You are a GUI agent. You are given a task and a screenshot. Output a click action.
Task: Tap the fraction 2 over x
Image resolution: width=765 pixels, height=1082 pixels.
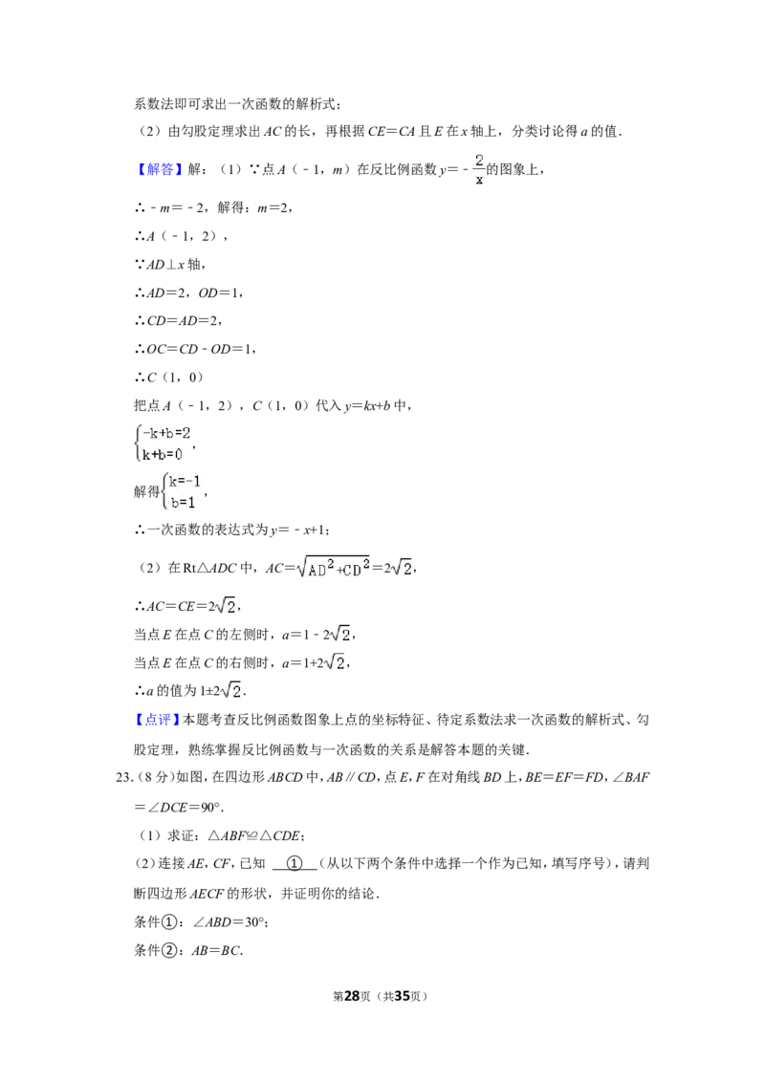[479, 169]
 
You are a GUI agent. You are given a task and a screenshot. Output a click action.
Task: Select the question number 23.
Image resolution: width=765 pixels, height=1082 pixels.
[124, 777]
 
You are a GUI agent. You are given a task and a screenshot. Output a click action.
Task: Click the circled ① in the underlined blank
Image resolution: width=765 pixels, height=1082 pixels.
[295, 863]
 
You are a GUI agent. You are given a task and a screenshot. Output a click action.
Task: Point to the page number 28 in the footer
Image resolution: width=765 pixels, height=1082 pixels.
[352, 996]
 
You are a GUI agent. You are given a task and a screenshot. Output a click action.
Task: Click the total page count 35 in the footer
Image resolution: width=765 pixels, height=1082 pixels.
[402, 996]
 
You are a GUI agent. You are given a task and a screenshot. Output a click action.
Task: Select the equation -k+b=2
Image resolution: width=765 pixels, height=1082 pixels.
[165, 433]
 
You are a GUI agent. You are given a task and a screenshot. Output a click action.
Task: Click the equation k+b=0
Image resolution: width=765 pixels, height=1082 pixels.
[163, 454]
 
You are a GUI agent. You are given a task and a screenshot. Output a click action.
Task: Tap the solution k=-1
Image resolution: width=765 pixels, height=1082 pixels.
[185, 482]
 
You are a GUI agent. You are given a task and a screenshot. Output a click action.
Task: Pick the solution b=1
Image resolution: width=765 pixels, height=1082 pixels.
[183, 503]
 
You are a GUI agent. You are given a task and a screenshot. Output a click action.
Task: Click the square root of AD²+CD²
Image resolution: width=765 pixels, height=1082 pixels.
[333, 567]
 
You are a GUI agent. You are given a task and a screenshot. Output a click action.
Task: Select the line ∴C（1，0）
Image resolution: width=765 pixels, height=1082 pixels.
[169, 378]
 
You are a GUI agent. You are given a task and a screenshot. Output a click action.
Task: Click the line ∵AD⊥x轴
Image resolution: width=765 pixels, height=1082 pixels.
[169, 265]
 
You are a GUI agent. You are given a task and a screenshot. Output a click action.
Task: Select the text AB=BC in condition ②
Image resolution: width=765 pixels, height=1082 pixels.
[216, 950]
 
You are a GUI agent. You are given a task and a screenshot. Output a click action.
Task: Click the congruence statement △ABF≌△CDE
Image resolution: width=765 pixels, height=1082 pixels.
[254, 835]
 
